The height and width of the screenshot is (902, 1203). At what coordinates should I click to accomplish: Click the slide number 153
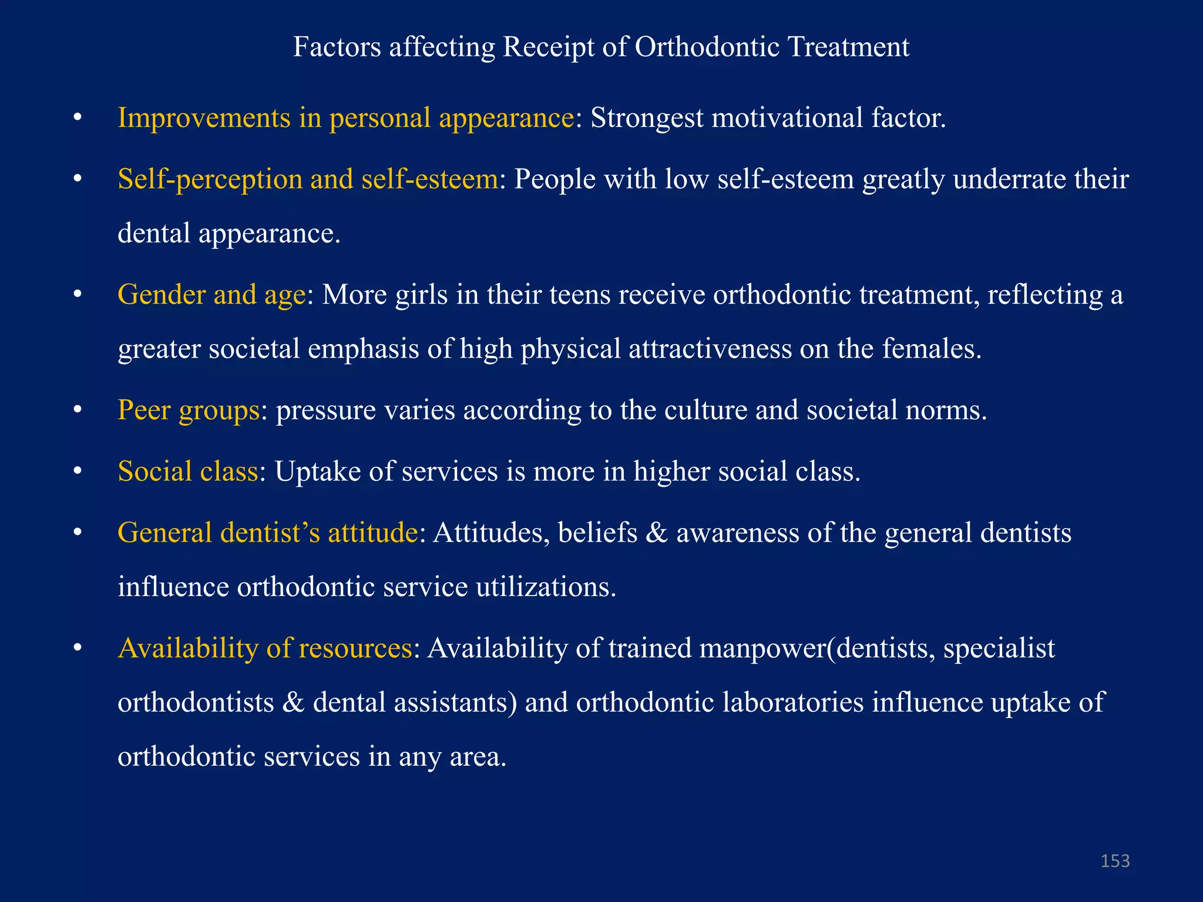(1115, 861)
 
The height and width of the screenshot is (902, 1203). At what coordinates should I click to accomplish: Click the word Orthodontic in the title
(707, 47)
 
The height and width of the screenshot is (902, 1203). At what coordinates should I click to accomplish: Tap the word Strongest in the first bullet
(646, 119)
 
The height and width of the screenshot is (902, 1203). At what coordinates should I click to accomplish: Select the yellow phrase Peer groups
(188, 410)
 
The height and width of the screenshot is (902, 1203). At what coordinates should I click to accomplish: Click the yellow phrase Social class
(187, 472)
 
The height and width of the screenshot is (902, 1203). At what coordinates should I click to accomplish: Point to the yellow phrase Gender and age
(211, 295)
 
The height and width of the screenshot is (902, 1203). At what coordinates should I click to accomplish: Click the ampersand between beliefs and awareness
(656, 533)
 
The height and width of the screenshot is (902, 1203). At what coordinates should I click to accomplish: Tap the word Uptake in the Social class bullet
(317, 472)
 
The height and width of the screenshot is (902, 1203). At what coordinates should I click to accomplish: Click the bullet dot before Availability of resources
(77, 649)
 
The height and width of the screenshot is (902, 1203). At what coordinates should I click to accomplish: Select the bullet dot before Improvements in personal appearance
(77, 119)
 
